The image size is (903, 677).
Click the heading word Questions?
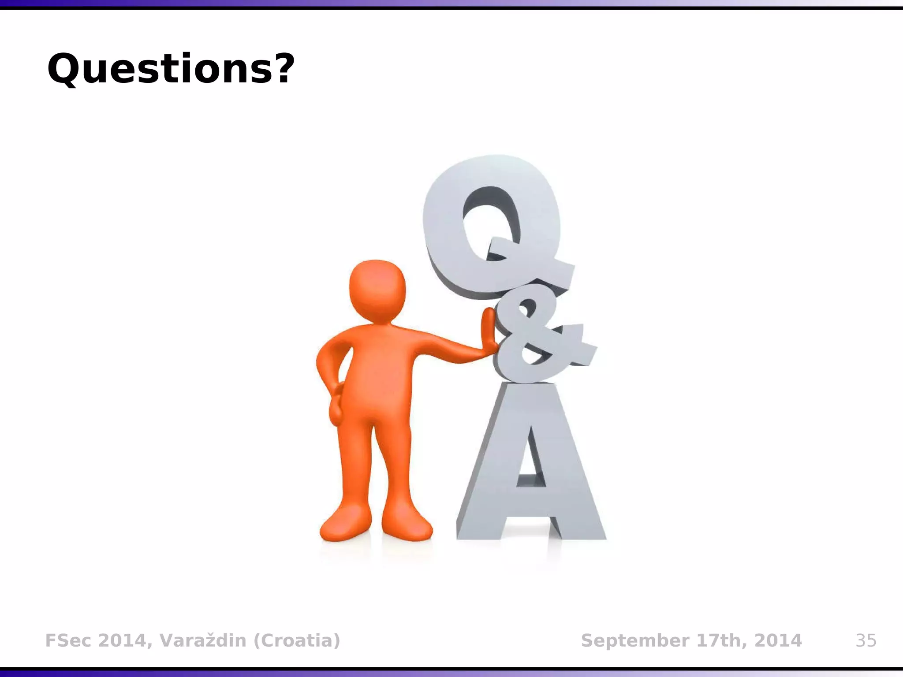170,69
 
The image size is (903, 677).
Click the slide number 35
866,640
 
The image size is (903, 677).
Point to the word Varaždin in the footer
202,640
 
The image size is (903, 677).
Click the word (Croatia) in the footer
297,640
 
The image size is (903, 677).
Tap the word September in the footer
629,640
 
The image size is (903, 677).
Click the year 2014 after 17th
778,640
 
